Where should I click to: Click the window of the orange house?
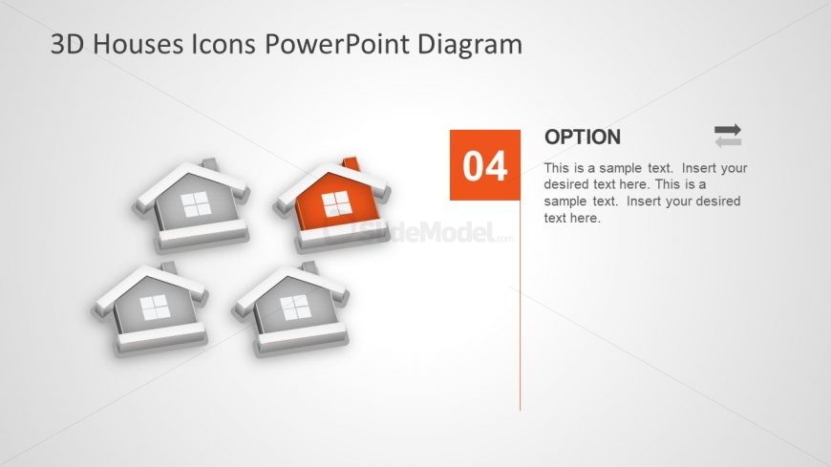click(x=335, y=204)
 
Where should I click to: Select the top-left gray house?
click(x=192, y=204)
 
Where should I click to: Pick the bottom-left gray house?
click(x=151, y=308)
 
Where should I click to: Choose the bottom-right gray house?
click(x=292, y=308)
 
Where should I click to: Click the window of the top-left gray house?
click(x=195, y=205)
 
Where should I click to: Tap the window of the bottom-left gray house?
click(x=154, y=308)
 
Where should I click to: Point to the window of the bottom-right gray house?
click(x=295, y=308)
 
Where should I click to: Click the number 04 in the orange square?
click(x=485, y=166)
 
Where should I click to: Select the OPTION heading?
click(x=582, y=138)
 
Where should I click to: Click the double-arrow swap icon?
click(x=728, y=136)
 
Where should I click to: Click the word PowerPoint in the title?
click(x=342, y=44)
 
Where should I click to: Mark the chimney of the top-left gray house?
click(x=212, y=164)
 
